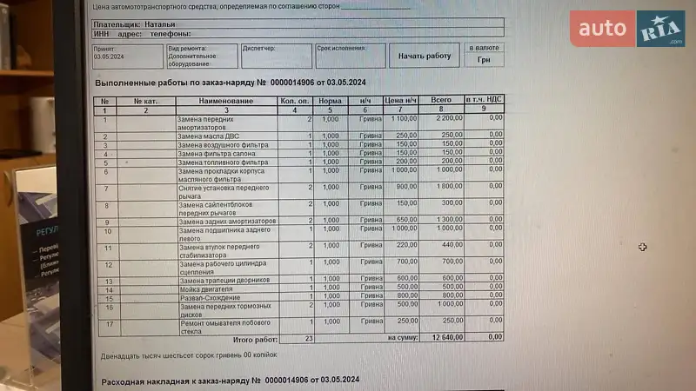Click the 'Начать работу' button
[x=425, y=56]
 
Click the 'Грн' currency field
[x=484, y=61]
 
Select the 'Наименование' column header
[x=226, y=102]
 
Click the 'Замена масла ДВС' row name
[x=209, y=136]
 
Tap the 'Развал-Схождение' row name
[x=210, y=298]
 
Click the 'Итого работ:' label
[x=255, y=337]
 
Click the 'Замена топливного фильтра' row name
[x=224, y=162]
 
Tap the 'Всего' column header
[x=442, y=102]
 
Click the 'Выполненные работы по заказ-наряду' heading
[x=173, y=83]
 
